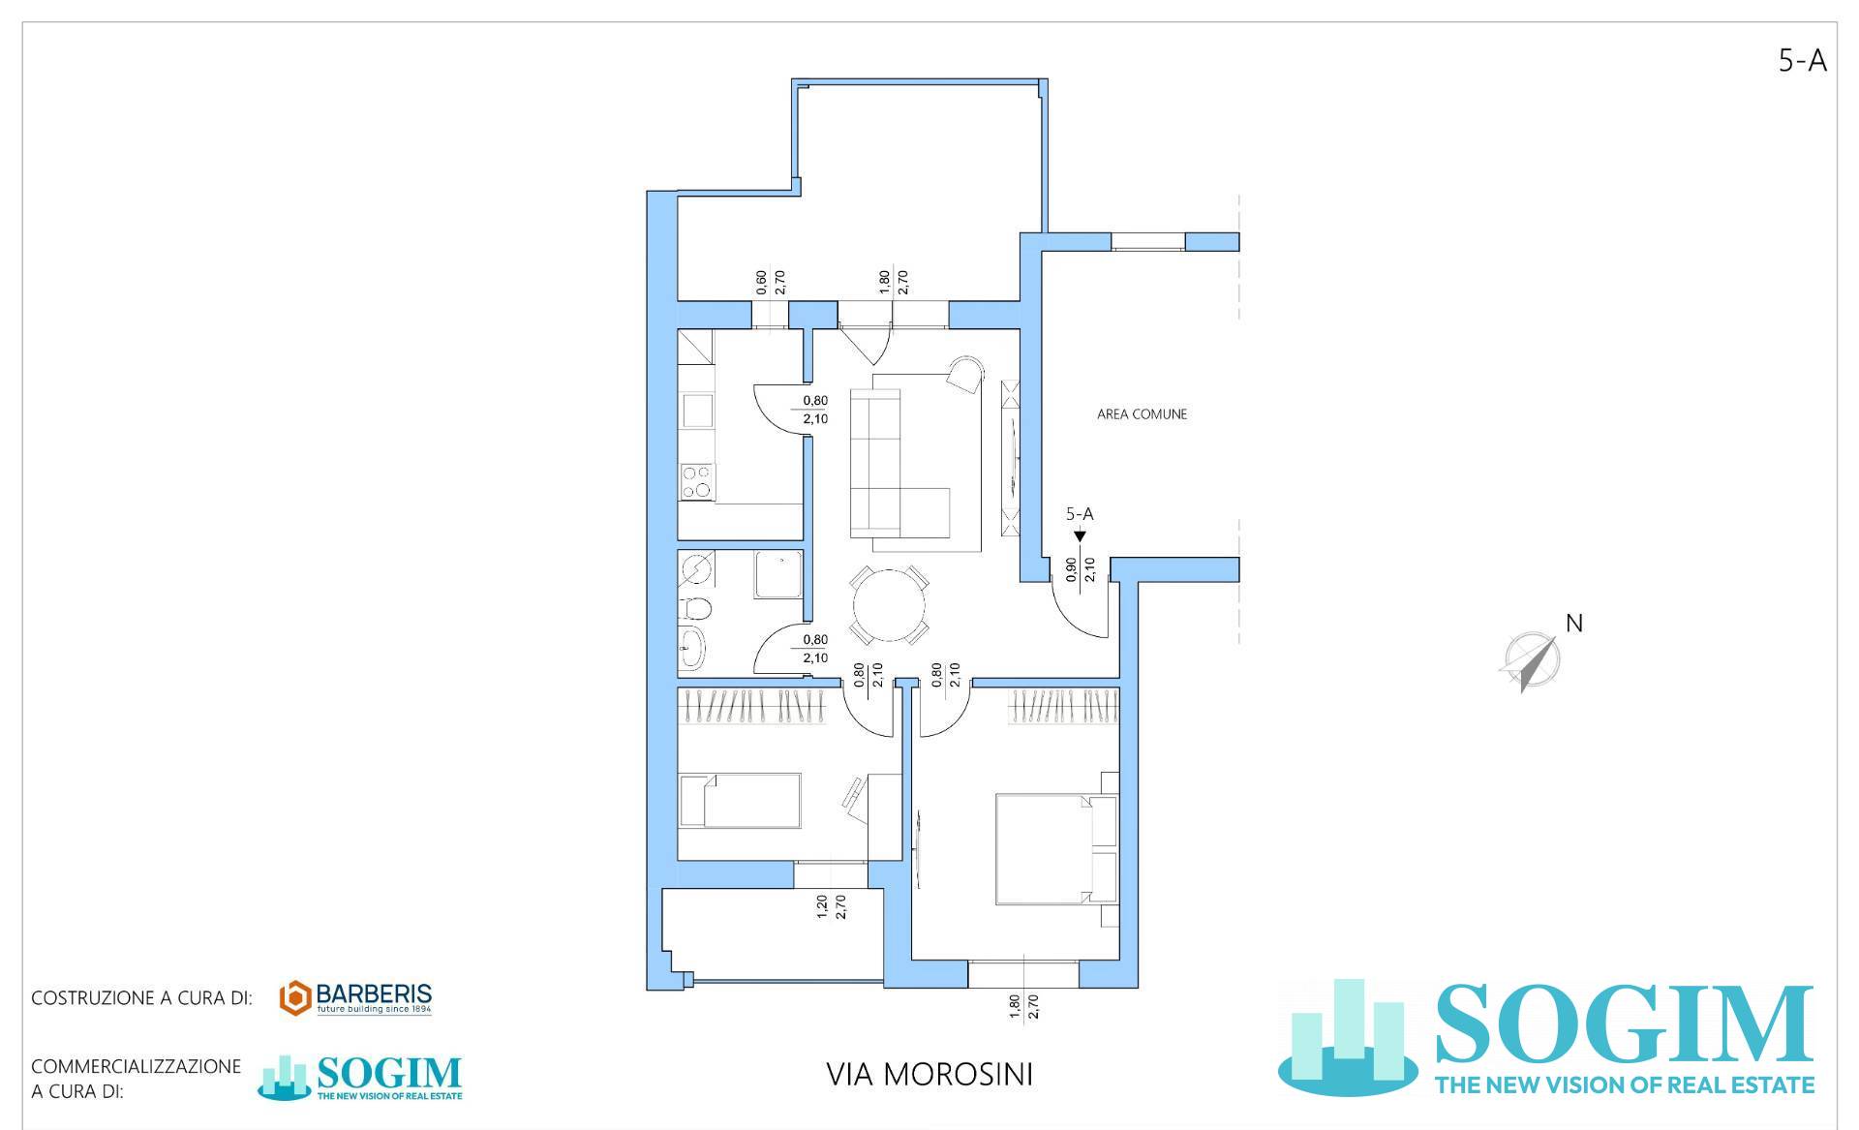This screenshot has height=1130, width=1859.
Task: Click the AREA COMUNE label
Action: pos(1142,414)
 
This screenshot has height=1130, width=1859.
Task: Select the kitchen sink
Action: pos(697,411)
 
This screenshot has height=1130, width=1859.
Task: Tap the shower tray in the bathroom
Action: pos(778,573)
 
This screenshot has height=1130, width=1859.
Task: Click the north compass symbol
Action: pos(1530,661)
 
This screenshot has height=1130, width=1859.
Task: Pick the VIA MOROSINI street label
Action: pos(929,1075)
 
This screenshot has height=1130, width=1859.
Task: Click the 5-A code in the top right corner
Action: pos(1802,61)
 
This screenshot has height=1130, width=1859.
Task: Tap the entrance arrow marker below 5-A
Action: pos(1080,535)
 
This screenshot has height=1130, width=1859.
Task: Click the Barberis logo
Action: pos(355,998)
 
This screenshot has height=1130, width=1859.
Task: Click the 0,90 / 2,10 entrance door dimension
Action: pos(1080,569)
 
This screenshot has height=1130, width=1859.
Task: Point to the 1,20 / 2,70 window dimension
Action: pos(831,906)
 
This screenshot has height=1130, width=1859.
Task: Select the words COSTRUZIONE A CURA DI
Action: pos(141,998)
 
